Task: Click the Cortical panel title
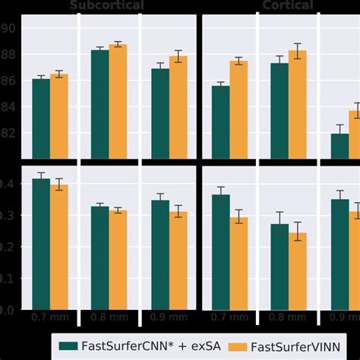point(288,5)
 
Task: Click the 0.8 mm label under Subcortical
point(109,317)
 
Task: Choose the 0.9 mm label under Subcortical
point(169,317)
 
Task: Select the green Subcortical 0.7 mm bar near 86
point(41,118)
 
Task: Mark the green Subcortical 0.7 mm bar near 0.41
point(41,244)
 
